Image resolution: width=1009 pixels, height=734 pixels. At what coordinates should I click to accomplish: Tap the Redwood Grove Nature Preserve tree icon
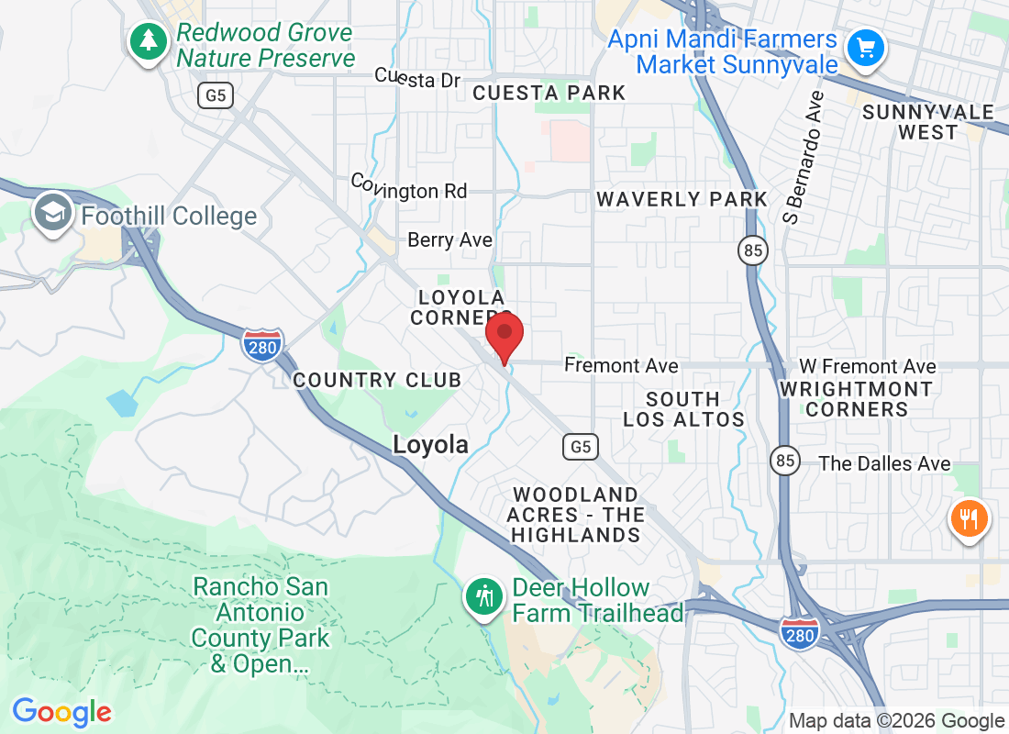coord(147,42)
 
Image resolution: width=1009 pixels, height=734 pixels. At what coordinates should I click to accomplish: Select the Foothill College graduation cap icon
coord(52,214)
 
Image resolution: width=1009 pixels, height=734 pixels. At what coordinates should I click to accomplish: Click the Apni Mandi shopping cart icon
coord(865,46)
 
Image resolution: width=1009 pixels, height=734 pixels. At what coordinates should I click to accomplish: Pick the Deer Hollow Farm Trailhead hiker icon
coord(484,597)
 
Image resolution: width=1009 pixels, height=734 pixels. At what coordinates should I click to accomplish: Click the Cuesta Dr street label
coord(417,79)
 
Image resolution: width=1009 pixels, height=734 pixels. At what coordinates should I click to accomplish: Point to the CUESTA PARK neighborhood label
coord(549,93)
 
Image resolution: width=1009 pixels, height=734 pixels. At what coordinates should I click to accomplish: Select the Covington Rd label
coord(409,187)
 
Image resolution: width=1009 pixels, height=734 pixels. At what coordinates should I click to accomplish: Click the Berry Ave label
coord(450,240)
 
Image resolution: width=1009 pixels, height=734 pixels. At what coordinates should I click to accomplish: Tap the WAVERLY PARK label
coord(682,199)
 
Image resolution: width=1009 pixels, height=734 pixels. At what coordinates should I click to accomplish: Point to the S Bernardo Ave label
coord(804,157)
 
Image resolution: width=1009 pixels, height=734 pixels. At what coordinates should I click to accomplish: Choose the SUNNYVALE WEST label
coord(928,122)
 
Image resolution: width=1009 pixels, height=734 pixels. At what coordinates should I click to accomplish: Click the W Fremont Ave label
coord(867,367)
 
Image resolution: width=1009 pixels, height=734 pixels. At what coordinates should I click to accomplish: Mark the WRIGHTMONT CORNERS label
coord(856,399)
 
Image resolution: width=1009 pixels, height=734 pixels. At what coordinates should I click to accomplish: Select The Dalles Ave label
coord(884,463)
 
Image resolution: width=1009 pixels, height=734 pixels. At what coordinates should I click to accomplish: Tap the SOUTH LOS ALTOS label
coord(683,409)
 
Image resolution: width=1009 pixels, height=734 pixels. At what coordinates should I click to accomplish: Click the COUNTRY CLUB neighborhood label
coord(377,380)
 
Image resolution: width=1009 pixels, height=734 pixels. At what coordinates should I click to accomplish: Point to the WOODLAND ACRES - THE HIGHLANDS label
coord(576,516)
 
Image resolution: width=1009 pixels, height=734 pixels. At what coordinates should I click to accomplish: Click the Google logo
coord(61,711)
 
